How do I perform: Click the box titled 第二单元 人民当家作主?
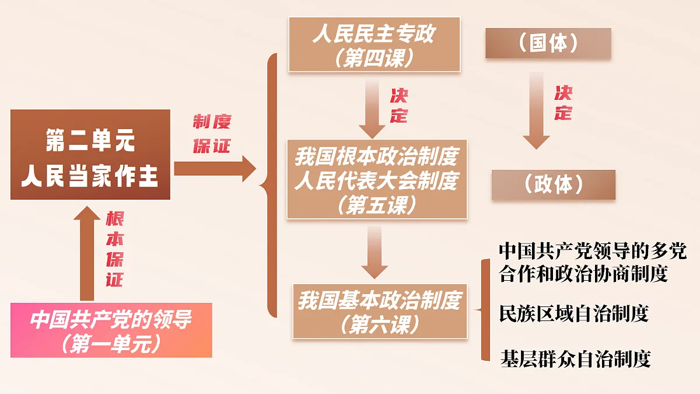click(x=90, y=155)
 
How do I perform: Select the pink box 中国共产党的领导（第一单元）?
click(x=111, y=330)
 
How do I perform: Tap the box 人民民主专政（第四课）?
click(x=374, y=44)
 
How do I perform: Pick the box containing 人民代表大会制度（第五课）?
click(x=377, y=179)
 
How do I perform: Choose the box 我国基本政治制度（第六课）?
click(x=380, y=311)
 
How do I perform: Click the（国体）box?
click(x=548, y=43)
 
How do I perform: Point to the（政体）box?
click(x=554, y=184)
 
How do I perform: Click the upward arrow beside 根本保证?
click(x=87, y=253)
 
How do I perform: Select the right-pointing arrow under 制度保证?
click(x=215, y=169)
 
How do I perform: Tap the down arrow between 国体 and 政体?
click(x=536, y=110)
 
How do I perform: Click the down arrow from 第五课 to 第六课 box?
click(x=374, y=252)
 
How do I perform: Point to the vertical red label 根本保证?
click(x=115, y=249)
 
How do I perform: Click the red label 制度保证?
click(x=212, y=134)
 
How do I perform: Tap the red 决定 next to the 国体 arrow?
click(x=563, y=103)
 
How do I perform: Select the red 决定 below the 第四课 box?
click(x=399, y=106)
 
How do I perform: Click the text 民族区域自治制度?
click(x=574, y=313)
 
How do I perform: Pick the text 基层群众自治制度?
click(x=576, y=359)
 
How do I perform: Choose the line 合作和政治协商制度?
click(x=583, y=274)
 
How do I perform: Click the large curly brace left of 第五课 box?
click(x=269, y=186)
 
